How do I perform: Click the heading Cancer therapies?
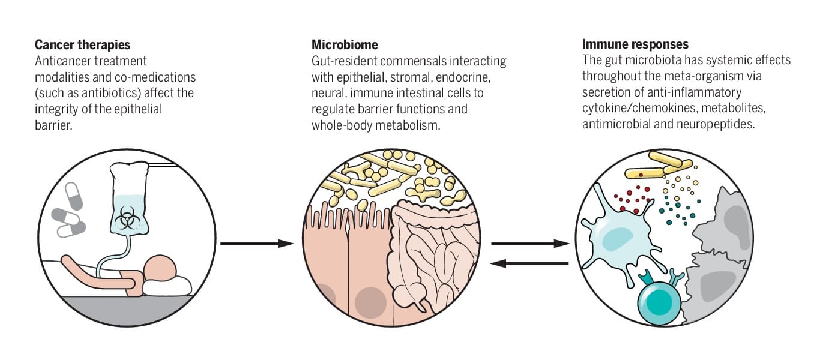tap(82, 45)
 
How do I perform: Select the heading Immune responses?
tap(635, 45)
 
